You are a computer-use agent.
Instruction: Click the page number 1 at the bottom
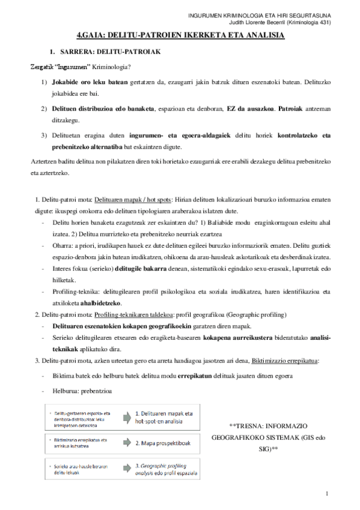click(x=326, y=494)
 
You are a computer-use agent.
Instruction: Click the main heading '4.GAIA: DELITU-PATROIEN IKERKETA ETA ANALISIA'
click(x=181, y=36)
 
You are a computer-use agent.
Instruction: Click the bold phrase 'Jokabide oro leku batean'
click(x=90, y=81)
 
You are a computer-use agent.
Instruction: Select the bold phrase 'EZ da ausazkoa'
click(x=247, y=108)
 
